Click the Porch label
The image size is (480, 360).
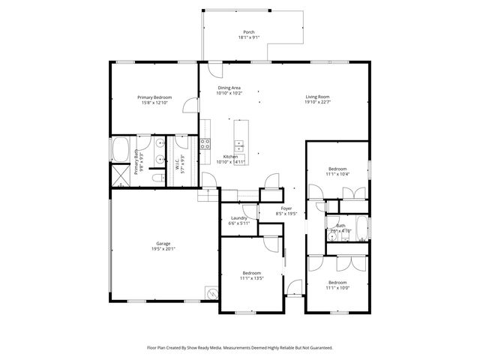(x=248, y=31)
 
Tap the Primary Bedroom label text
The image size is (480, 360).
(x=154, y=97)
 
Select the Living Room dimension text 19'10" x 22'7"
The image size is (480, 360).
(x=317, y=103)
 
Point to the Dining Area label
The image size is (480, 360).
(x=229, y=88)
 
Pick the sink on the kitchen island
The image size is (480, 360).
(x=240, y=143)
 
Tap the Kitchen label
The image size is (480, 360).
(x=230, y=156)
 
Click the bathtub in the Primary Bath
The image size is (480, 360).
(x=120, y=149)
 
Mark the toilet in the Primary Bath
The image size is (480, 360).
(x=157, y=178)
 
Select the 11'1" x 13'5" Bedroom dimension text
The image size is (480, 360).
(x=251, y=277)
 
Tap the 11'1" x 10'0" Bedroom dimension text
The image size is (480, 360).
(x=337, y=287)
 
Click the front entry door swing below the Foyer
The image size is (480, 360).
(x=295, y=287)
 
